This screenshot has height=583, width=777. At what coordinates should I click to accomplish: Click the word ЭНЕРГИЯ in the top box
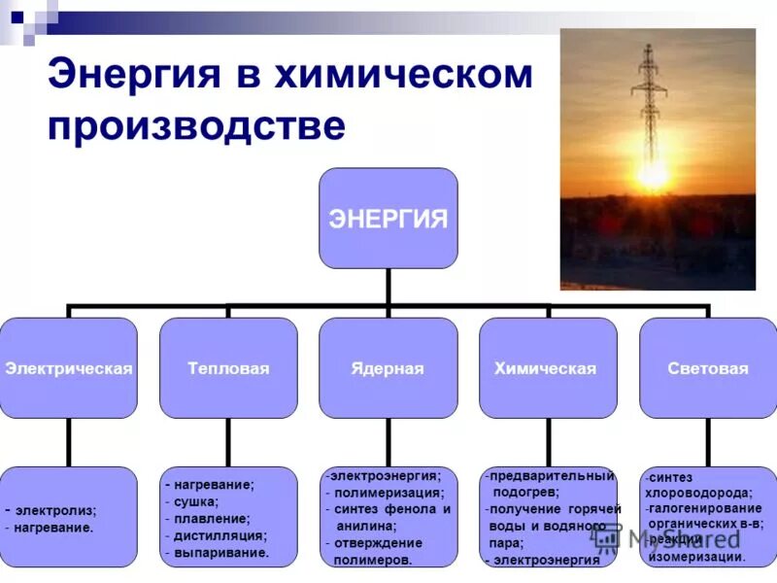point(388,219)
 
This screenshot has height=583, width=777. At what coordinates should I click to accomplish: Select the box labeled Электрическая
point(68,369)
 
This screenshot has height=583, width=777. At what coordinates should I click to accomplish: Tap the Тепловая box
point(228,369)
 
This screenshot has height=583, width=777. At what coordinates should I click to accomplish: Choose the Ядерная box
point(388,369)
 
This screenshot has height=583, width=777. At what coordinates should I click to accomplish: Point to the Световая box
point(708,369)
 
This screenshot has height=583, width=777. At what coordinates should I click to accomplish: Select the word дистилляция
point(220,535)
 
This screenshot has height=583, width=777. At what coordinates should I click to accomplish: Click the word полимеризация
point(388,493)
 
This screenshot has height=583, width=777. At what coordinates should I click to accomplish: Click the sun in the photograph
point(652,174)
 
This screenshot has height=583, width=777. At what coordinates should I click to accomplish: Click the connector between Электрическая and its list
point(68,442)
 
